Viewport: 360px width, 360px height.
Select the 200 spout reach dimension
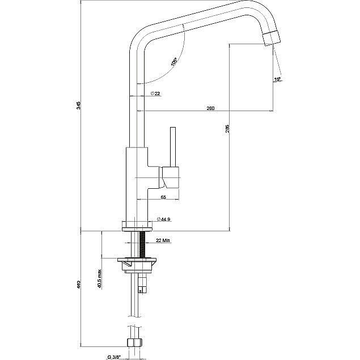tap(210, 107)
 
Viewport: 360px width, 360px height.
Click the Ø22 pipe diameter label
tap(155, 93)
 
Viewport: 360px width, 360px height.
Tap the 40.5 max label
tap(100, 279)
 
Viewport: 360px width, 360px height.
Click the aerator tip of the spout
tap(273, 39)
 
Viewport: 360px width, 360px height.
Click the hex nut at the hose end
tap(134, 342)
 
